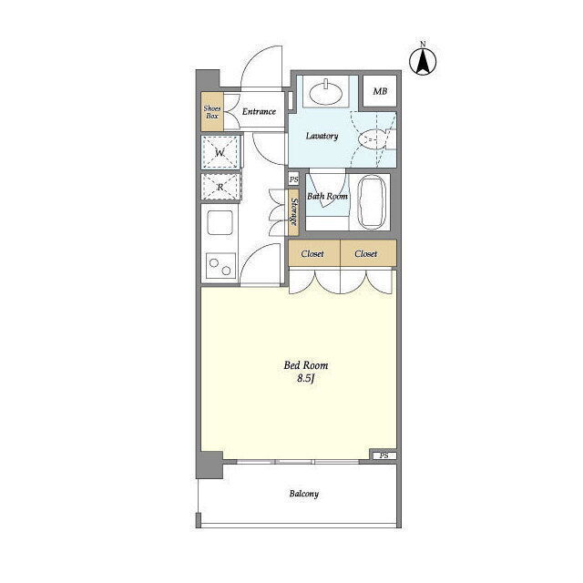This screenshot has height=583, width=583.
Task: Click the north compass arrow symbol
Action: click(x=423, y=61)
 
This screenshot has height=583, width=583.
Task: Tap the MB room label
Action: click(x=380, y=91)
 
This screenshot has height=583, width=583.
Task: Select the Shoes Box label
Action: click(x=212, y=112)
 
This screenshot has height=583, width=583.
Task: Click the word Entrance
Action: click(x=259, y=111)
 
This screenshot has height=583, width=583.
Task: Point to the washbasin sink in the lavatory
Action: click(x=326, y=92)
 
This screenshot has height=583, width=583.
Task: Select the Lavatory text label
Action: click(x=322, y=136)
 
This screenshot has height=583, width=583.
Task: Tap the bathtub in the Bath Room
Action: click(x=372, y=202)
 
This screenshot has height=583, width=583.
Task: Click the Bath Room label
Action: click(x=327, y=196)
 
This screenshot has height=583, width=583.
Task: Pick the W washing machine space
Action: click(x=220, y=152)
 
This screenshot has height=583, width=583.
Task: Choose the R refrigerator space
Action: click(x=220, y=187)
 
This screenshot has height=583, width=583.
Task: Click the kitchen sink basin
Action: click(x=220, y=222)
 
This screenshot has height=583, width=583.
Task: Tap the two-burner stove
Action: click(x=220, y=266)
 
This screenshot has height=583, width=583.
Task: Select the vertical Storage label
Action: click(x=293, y=212)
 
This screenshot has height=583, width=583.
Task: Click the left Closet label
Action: click(x=312, y=253)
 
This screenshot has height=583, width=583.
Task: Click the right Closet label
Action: click(x=366, y=253)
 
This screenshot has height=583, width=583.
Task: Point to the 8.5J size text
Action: click(x=306, y=379)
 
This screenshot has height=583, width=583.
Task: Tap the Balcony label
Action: click(x=304, y=494)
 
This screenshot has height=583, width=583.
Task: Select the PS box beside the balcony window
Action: click(x=384, y=455)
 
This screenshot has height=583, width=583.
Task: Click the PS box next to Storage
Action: click(x=293, y=179)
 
